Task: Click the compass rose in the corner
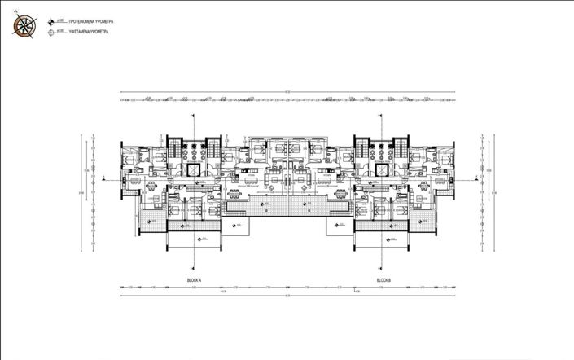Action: coord(24,24)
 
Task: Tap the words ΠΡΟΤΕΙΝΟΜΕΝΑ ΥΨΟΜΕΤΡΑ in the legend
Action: coord(91,17)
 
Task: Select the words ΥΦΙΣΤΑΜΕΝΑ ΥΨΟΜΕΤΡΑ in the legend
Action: coord(90,32)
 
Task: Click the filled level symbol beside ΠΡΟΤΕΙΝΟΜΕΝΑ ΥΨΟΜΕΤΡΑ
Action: coord(52,18)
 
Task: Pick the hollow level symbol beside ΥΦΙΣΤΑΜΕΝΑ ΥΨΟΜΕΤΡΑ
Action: coord(52,33)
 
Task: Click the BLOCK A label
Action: coord(194,279)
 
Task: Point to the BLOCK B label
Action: coord(383,279)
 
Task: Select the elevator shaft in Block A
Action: coord(193,169)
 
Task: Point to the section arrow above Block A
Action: coord(192,116)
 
